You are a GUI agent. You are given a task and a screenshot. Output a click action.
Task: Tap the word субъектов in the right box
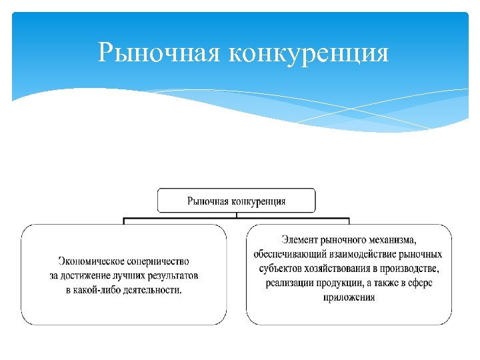click(x=279, y=268)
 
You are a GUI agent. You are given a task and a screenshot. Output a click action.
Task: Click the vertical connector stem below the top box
click(x=237, y=215)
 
